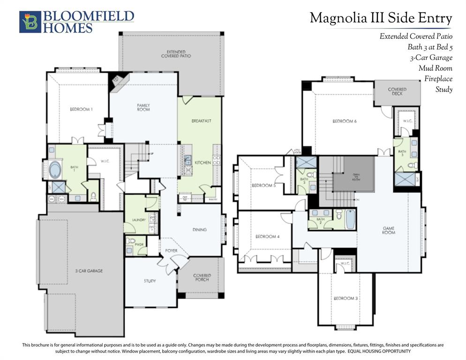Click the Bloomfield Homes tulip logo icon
(30, 22)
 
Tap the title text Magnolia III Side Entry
(381, 18)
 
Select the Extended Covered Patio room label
(176, 53)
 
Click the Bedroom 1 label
(81, 109)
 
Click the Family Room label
(143, 107)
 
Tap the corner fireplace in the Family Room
(117, 82)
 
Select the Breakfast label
(201, 121)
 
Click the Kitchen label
(203, 162)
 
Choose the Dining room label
(199, 230)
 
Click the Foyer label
(171, 251)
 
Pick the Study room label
(150, 281)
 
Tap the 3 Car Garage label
(89, 271)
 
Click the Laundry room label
(139, 219)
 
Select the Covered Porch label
(202, 277)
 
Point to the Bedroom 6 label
(345, 121)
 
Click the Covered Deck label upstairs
(397, 91)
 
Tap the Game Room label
(388, 231)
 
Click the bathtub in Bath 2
(351, 219)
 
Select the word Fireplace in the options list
(438, 79)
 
